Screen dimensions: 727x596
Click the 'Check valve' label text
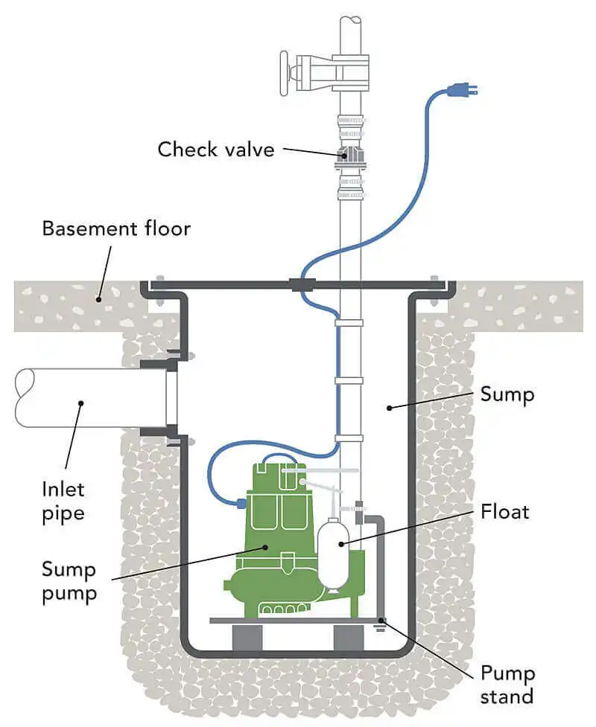point(215,149)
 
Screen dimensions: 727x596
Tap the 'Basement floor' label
point(116,228)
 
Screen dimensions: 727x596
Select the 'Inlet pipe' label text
point(63,502)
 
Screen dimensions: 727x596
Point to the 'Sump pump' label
point(69,583)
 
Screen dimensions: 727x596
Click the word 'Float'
point(504,512)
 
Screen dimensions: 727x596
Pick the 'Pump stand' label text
point(507,685)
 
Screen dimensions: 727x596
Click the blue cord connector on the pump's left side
point(241,503)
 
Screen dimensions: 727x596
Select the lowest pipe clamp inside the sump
point(349,438)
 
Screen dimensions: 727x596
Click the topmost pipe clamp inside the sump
point(349,324)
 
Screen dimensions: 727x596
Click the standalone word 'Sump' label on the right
point(507,394)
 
